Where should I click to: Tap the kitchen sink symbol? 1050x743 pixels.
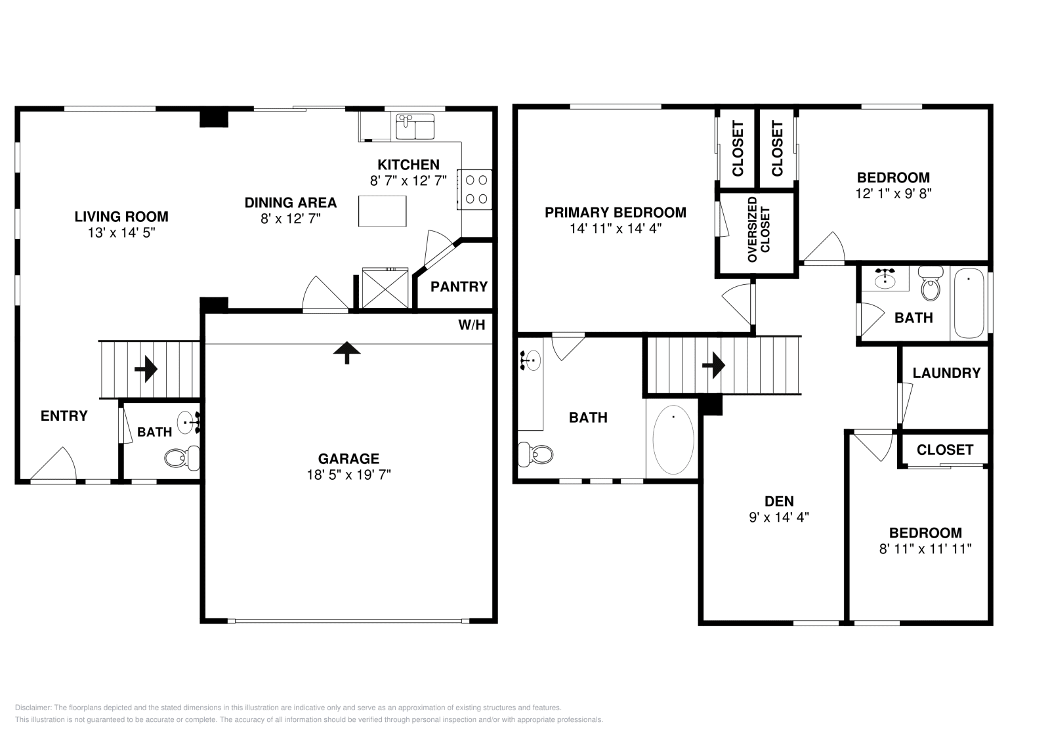[x=415, y=127]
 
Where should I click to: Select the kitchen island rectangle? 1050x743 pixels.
[x=382, y=211]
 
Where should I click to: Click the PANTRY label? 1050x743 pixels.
[x=459, y=287]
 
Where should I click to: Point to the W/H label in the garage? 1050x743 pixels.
[x=472, y=324]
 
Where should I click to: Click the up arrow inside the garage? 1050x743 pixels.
[x=346, y=352]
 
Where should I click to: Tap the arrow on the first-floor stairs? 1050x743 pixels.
[x=146, y=369]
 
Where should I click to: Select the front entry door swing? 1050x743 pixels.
[x=55, y=465]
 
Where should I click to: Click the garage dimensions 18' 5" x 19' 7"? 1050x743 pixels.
[x=348, y=475]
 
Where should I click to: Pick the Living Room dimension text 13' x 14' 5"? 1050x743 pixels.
[x=121, y=232]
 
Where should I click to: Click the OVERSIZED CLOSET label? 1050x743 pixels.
[x=759, y=230]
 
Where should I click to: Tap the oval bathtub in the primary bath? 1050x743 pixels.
[x=673, y=440]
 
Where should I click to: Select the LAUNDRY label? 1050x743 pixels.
[x=946, y=373]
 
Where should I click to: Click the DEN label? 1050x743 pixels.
[x=779, y=501]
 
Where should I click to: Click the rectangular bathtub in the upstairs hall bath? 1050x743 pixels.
[x=969, y=303]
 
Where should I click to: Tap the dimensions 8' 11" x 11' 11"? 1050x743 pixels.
[x=925, y=549]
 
